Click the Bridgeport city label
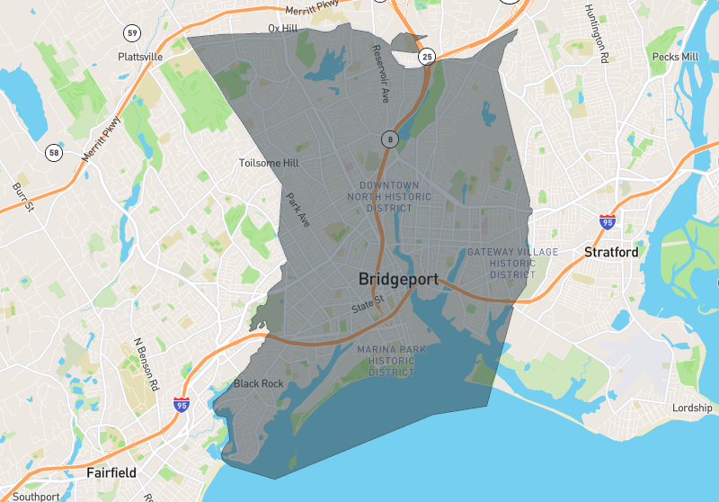click(398, 279)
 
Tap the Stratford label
click(611, 252)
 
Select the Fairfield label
click(111, 471)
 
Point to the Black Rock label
click(259, 384)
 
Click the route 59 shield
click(133, 33)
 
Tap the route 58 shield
click(55, 153)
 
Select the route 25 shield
click(428, 57)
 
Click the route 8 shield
click(389, 139)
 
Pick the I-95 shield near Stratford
click(608, 220)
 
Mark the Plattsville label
click(140, 56)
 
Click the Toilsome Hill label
click(269, 164)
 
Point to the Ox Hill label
click(282, 29)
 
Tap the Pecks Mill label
click(675, 57)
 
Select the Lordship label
click(692, 408)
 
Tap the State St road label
click(368, 306)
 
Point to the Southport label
click(36, 496)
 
